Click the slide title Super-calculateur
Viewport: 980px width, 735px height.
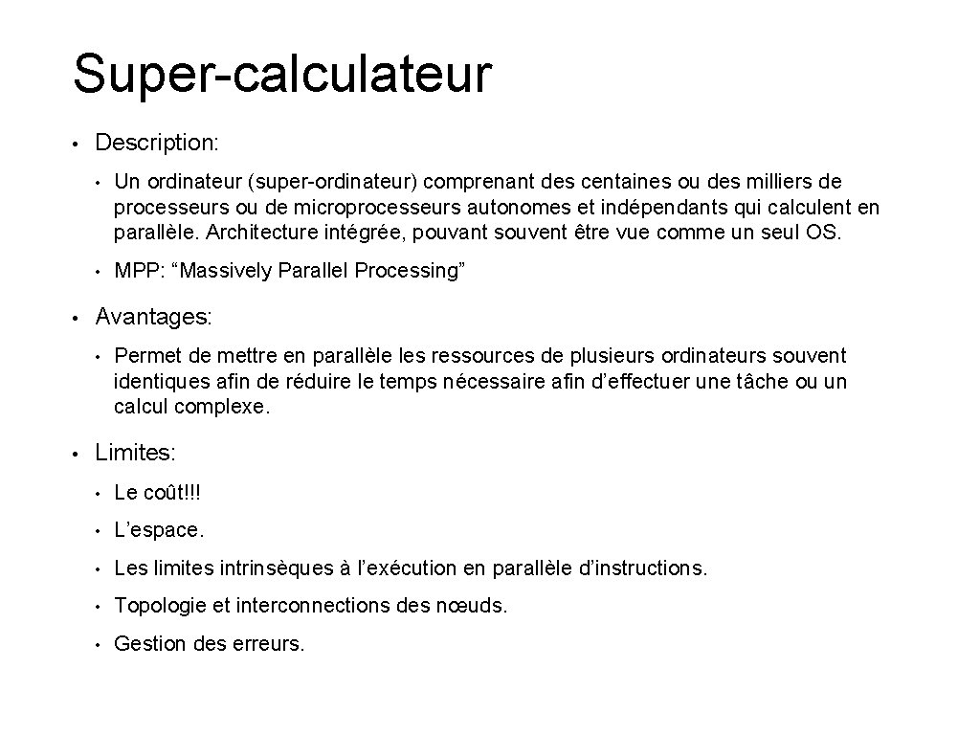(282, 75)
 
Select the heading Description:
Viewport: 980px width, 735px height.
(157, 144)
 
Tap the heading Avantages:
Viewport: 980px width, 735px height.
(154, 316)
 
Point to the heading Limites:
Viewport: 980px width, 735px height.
(136, 454)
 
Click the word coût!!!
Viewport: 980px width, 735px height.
(171, 493)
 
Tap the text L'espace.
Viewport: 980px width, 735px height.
(159, 530)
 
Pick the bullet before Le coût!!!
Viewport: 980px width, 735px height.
(98, 494)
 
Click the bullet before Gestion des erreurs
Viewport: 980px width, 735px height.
(98, 644)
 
